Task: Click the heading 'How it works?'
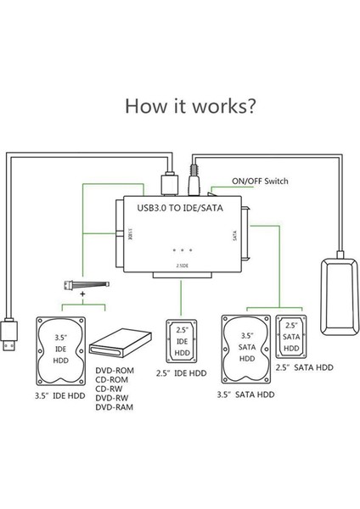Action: tap(180, 107)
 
